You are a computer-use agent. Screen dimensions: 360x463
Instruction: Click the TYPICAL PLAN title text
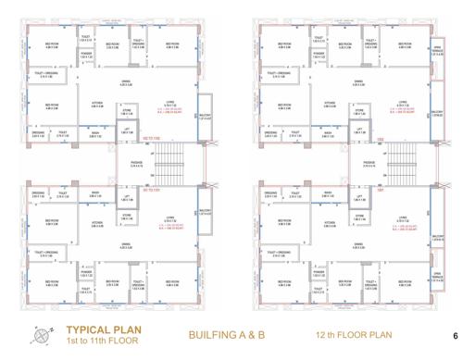pyautogui.click(x=101, y=329)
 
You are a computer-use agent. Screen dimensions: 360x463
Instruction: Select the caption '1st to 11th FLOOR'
pyautogui.click(x=101, y=341)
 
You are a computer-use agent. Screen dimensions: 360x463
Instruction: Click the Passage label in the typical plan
pyautogui.click(x=135, y=167)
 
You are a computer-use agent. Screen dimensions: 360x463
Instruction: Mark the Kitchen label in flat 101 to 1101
pyautogui.click(x=96, y=223)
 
